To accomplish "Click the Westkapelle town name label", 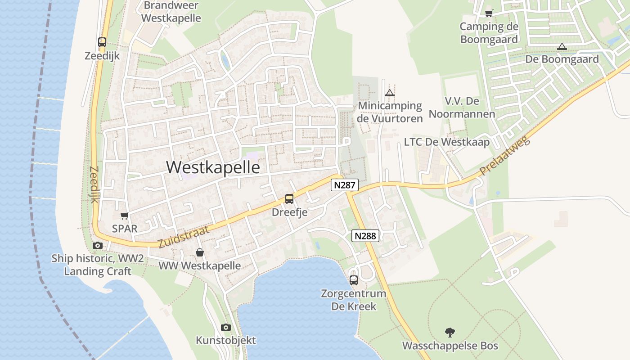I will click(213, 167).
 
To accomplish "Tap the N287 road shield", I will click(345, 184).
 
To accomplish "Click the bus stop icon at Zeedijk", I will click(102, 43).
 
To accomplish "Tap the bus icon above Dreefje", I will click(289, 199).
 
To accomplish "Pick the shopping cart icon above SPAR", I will click(125, 216).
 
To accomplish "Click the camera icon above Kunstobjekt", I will click(226, 327).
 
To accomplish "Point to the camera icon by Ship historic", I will click(98, 245).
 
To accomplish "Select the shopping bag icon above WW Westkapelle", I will click(200, 253).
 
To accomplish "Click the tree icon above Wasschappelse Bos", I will click(450, 333).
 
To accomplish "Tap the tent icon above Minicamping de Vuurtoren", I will click(390, 93).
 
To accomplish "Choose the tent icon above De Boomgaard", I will click(562, 46).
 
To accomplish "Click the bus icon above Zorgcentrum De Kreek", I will click(354, 280).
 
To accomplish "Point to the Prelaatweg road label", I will click(505, 157).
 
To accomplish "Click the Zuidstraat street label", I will click(184, 237).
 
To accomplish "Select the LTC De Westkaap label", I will click(446, 142).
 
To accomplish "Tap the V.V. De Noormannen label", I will click(462, 107).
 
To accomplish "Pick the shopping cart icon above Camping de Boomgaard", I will click(489, 13).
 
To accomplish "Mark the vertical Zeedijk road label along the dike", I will click(94, 185).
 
